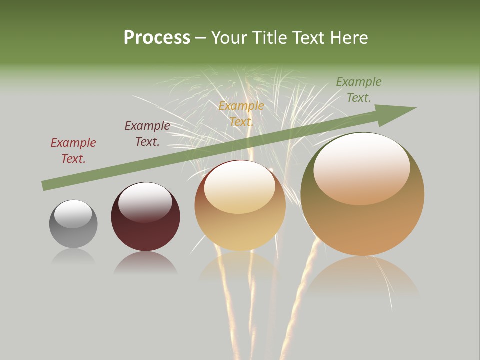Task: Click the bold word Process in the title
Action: (x=157, y=38)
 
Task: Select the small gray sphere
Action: (x=73, y=224)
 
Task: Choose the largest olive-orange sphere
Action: (x=362, y=195)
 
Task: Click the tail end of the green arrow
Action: (x=44, y=186)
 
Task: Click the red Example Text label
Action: (x=73, y=150)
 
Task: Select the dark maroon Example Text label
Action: (x=147, y=133)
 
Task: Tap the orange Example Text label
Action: (x=241, y=113)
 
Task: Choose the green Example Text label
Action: (x=359, y=89)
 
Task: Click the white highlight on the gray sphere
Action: (x=73, y=214)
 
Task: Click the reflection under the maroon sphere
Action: (x=145, y=263)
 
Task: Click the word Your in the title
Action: (x=228, y=38)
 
